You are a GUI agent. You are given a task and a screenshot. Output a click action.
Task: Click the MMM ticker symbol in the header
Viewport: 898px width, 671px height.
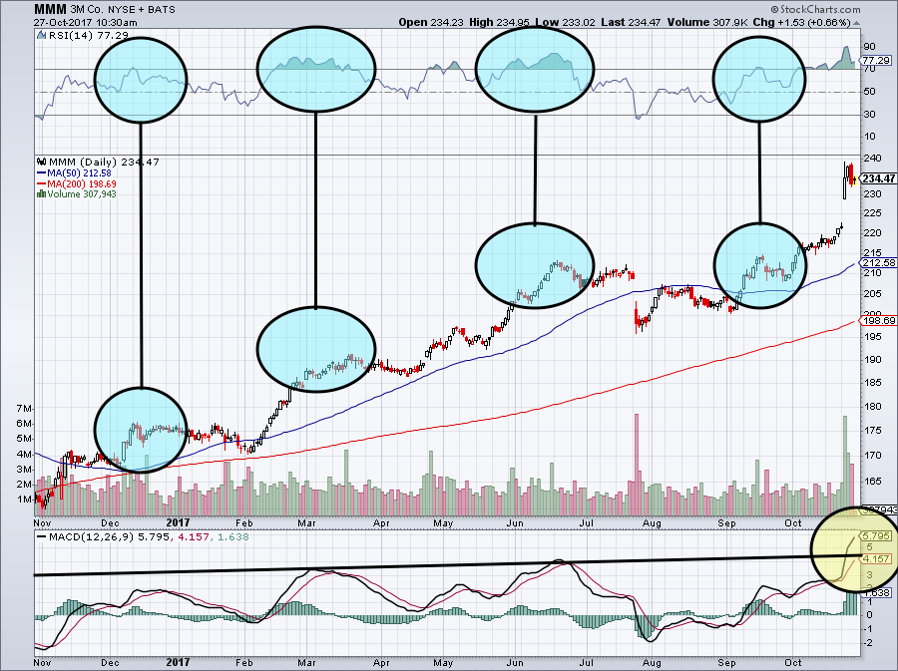click(21, 9)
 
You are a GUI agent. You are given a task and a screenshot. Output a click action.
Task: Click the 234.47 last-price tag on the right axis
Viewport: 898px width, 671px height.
click(875, 178)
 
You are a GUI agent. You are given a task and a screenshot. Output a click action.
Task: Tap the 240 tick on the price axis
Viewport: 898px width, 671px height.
click(870, 158)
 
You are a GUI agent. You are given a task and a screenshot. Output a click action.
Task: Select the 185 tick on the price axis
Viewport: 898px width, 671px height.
click(870, 383)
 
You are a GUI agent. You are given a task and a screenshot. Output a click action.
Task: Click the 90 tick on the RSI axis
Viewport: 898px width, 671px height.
click(868, 46)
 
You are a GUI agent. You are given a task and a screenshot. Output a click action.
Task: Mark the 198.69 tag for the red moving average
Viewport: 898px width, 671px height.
click(875, 321)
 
